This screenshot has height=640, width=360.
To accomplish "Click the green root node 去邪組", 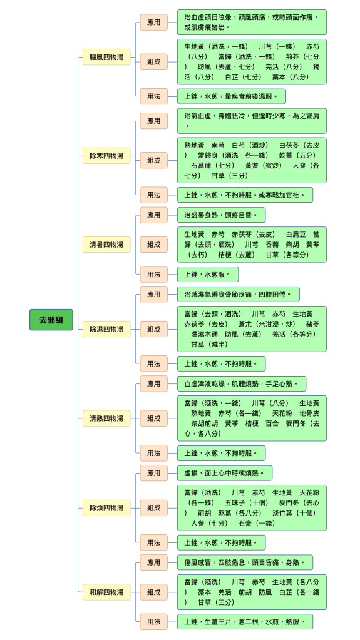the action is (x=51, y=320).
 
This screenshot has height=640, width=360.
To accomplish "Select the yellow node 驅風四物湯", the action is (x=106, y=57).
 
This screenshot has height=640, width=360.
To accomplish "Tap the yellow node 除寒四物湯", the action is (x=106, y=156).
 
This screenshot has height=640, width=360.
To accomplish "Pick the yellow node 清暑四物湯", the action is (x=106, y=245).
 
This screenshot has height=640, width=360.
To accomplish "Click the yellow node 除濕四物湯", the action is (x=106, y=328).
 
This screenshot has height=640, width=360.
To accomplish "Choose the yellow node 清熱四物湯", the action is (x=106, y=418).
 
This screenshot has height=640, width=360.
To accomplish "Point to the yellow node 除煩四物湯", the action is (x=106, y=508).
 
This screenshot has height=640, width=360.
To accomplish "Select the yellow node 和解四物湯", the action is (x=106, y=592).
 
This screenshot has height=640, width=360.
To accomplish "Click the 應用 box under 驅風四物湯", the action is (x=153, y=22).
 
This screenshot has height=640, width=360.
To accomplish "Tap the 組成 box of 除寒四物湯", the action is (x=153, y=160).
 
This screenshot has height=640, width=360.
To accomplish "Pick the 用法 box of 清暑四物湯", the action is (x=153, y=274).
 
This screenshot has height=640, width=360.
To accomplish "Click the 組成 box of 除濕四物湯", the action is (x=153, y=328).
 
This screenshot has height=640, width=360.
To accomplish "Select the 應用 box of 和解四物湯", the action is (x=153, y=562).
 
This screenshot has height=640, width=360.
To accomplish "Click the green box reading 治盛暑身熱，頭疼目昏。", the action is (x=221, y=215).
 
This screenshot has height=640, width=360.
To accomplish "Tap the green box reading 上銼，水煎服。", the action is (x=208, y=274).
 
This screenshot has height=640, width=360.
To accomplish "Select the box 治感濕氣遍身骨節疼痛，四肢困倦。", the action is (x=239, y=294).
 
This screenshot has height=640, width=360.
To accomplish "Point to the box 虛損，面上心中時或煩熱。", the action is (x=225, y=473).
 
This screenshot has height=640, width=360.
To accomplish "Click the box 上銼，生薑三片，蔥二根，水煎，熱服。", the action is (x=245, y=622).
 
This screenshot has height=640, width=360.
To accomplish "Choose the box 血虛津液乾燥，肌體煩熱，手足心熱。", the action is (x=242, y=383).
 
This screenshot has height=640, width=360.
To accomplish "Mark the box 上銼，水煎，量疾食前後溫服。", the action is (x=231, y=96).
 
